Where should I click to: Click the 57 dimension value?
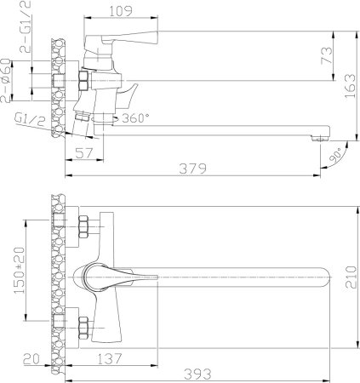point(83,153)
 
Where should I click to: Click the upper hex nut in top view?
point(84,227)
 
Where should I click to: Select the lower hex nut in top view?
point(84,323)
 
